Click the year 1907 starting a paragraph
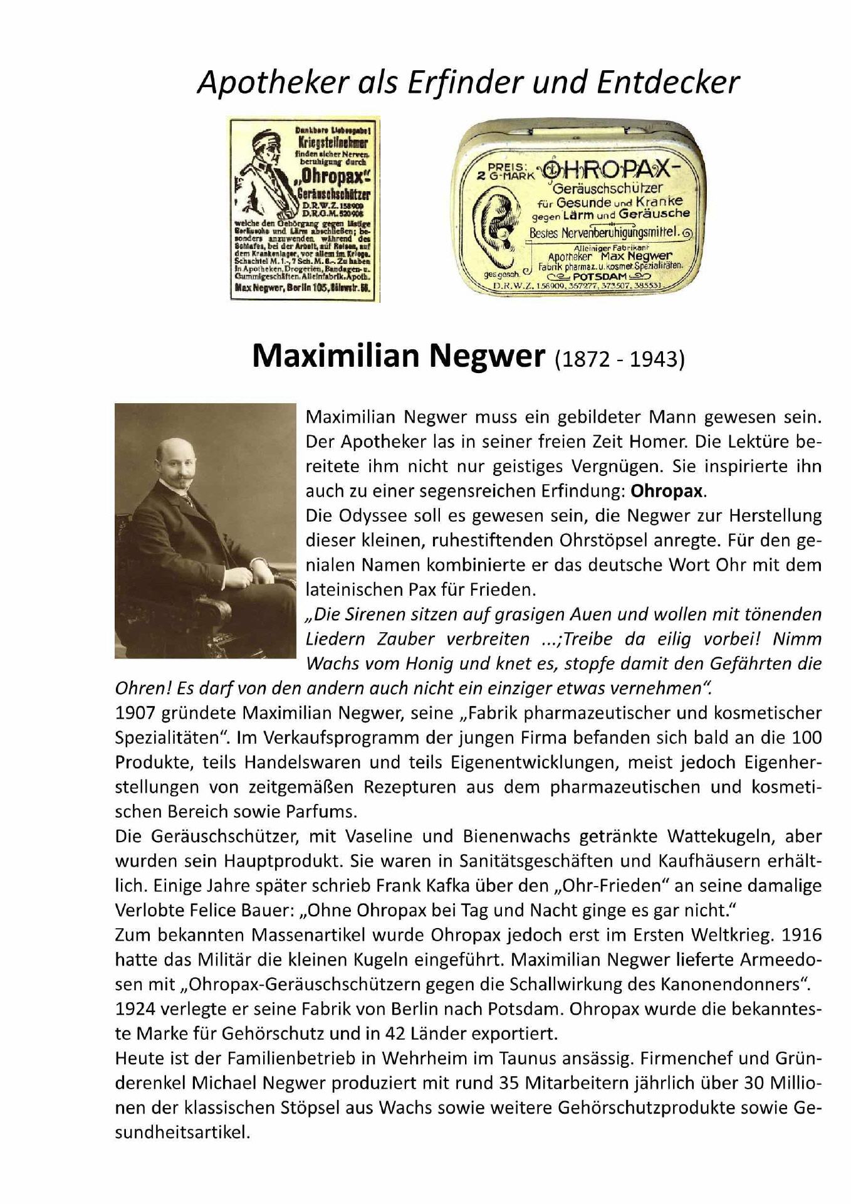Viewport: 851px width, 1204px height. pyautogui.click(x=135, y=713)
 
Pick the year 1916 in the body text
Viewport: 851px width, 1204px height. pyautogui.click(x=800, y=935)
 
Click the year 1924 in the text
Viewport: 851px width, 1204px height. pyautogui.click(x=135, y=1009)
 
